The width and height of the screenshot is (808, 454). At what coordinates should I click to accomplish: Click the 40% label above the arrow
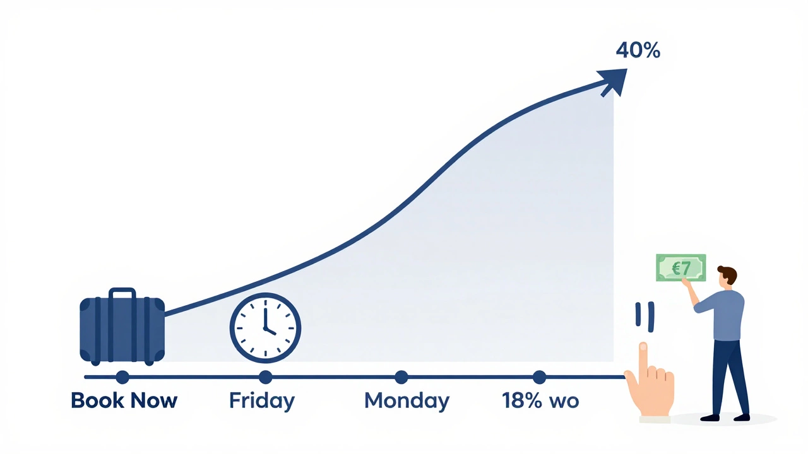[x=638, y=50]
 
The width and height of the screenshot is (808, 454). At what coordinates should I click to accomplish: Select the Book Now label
[x=124, y=400]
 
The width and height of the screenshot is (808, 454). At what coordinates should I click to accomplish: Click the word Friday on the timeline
[x=261, y=400]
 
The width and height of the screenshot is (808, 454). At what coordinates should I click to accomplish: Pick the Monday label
[x=407, y=400]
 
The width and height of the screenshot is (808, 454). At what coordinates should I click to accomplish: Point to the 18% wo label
[x=540, y=400]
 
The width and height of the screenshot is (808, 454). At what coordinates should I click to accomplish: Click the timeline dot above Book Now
[x=122, y=377]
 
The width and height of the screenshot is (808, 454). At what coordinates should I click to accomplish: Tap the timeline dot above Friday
[x=265, y=377]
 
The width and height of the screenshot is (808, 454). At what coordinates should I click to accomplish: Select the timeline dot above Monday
[x=401, y=377]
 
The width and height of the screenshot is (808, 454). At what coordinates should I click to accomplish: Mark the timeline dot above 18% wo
[x=539, y=377]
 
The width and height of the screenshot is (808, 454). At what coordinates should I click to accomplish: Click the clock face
[x=265, y=327]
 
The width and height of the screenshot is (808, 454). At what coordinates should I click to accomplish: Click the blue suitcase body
[x=122, y=331]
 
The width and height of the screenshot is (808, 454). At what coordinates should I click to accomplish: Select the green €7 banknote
[x=680, y=268]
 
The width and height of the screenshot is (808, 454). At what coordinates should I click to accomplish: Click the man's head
[x=727, y=276]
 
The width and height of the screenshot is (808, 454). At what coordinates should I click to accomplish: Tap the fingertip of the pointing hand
[x=643, y=347]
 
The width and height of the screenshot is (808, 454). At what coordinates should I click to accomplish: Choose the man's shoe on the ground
[x=711, y=417]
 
